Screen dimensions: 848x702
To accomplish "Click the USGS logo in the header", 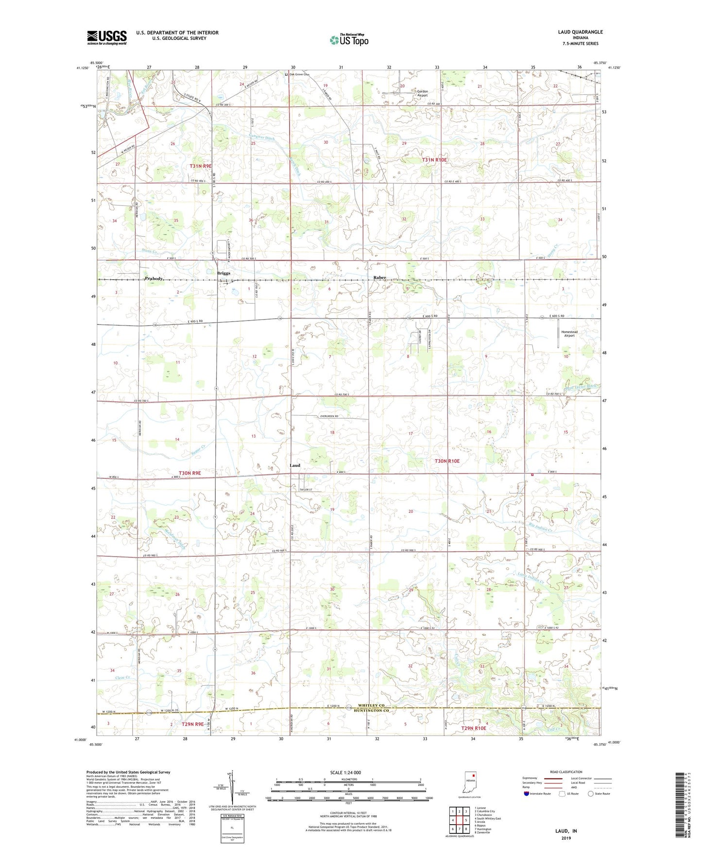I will (107, 37).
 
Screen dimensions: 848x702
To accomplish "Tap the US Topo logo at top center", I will (348, 40).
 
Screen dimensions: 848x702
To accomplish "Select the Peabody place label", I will (154, 279).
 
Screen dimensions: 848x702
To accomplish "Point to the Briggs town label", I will (223, 273).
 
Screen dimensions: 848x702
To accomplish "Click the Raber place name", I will (379, 278).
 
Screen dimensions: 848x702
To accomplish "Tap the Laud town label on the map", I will (295, 465).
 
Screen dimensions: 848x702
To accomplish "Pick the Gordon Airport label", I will (422, 93).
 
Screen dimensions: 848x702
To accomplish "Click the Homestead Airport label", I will (569, 334).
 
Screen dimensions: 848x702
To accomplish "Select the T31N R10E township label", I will (434, 160).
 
